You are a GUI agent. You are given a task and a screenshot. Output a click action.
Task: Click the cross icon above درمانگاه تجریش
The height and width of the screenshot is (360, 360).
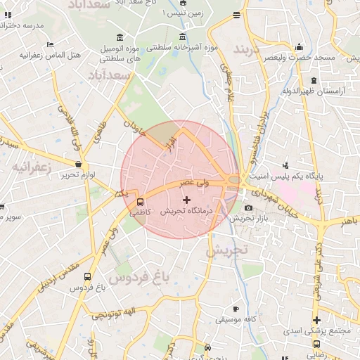tap(186, 201)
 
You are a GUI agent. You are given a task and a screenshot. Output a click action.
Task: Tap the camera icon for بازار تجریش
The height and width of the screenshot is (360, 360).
tap(248, 208)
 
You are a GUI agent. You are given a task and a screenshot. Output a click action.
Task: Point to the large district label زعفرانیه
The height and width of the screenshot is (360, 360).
tap(29, 167)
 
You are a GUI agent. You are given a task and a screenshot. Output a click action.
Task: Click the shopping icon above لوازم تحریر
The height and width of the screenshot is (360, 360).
tap(77, 164)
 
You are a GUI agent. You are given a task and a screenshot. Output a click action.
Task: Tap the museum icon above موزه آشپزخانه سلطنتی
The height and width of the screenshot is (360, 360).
tap(183, 37)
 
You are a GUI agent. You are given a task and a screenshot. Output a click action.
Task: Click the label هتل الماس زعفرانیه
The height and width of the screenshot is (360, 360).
tap(51, 55)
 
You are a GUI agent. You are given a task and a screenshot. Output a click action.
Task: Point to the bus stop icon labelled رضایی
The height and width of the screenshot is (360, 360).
tap(316, 345)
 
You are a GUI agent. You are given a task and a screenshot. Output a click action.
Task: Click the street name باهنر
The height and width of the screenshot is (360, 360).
tap(348, 222)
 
